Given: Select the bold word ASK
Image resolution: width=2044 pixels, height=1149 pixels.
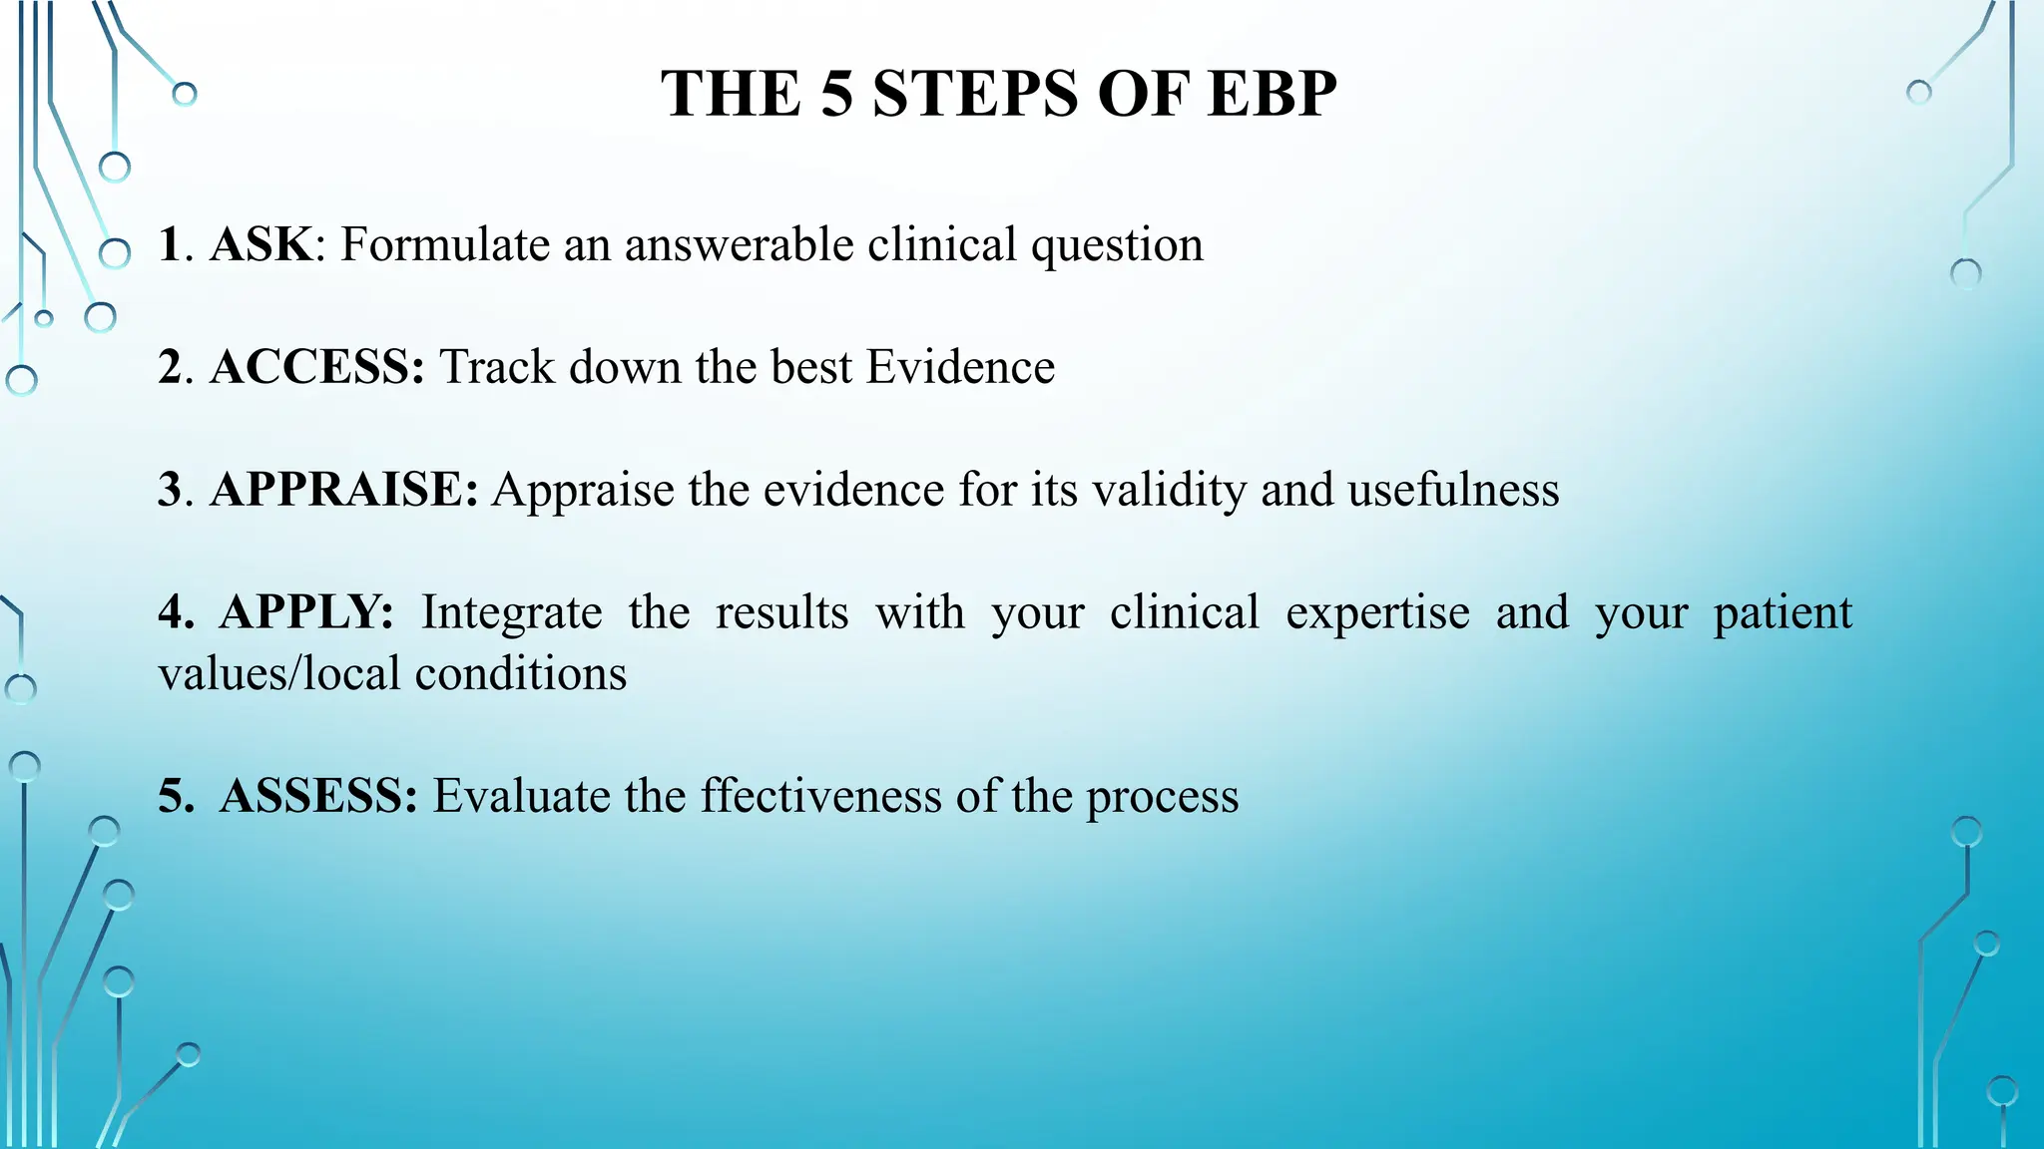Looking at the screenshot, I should pos(260,245).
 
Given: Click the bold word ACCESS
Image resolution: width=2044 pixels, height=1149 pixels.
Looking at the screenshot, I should pos(316,367).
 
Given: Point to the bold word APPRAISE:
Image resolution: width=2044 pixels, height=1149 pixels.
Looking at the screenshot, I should pos(344,491).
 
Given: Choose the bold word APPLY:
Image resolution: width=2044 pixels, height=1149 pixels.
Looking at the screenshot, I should pos(306,612).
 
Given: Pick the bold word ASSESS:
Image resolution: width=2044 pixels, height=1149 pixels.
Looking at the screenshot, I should pos(317,797).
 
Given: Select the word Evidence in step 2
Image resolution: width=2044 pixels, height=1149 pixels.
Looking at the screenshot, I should pos(960,367).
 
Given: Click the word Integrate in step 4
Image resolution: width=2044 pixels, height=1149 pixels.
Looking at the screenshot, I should pos(511,613).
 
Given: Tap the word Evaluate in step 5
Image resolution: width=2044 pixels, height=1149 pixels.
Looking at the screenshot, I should pos(521,797).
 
